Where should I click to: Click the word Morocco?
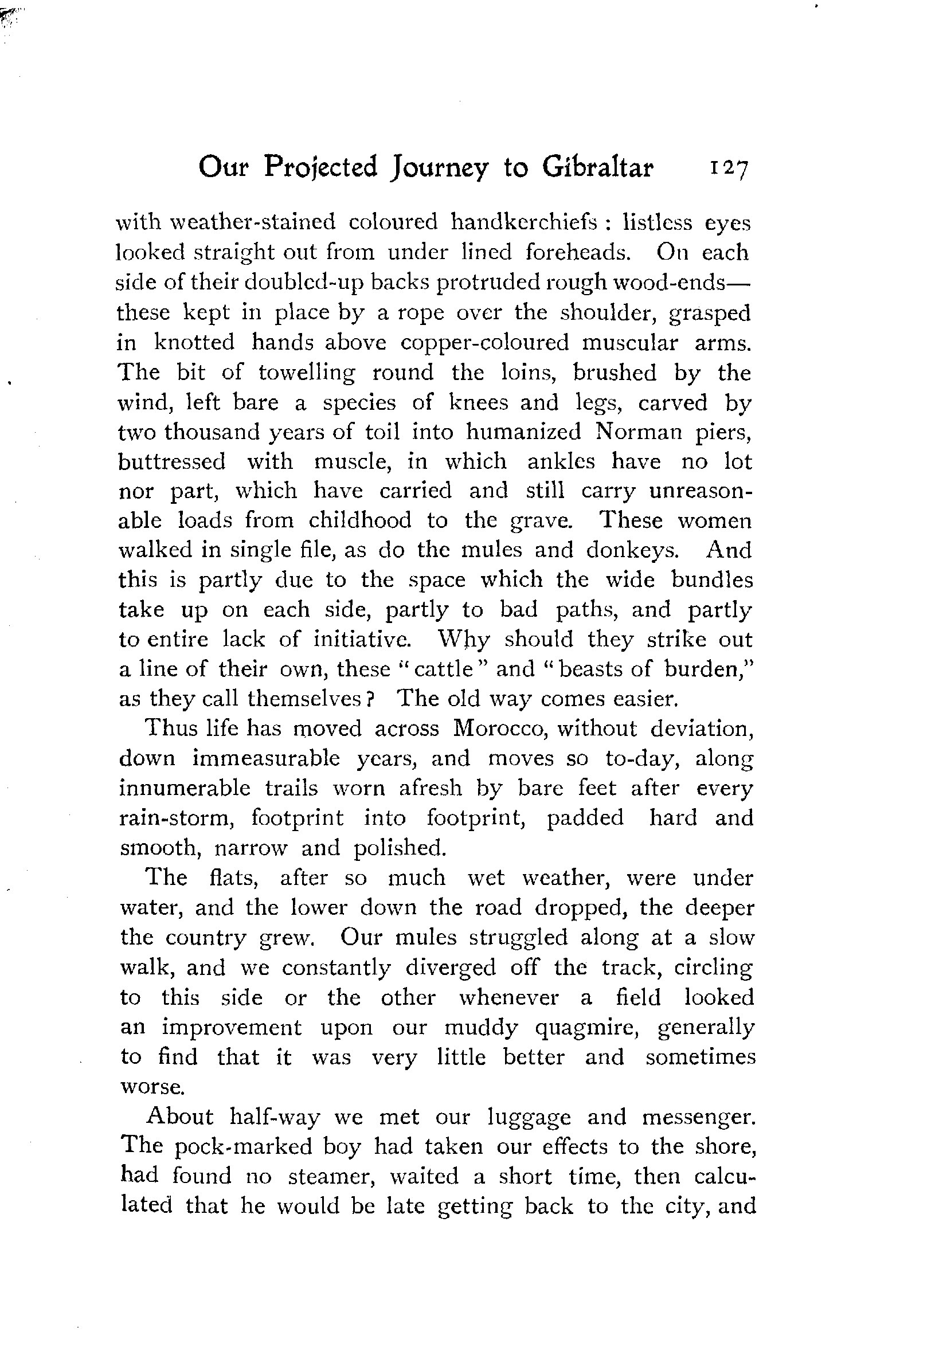tap(498, 728)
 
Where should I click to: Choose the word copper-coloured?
tap(484, 342)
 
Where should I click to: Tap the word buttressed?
tap(172, 461)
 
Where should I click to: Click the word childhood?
tap(360, 520)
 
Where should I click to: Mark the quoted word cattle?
tap(443, 669)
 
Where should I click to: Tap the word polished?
tap(400, 848)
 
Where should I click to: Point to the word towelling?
tap(307, 373)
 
